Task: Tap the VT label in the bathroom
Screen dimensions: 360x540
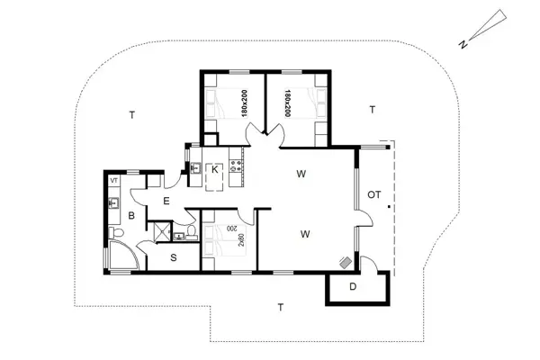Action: pos(114,181)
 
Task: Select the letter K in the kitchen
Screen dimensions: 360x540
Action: pos(215,169)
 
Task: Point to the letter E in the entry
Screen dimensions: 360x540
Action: pos(166,201)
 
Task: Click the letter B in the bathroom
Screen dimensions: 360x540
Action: pos(130,216)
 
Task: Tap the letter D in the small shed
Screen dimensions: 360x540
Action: pos(353,287)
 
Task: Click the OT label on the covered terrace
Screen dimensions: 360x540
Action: pos(374,194)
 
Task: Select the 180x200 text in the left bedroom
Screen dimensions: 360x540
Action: pos(244,103)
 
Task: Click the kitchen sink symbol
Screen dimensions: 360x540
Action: pos(194,166)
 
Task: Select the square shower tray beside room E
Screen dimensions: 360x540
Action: pos(160,231)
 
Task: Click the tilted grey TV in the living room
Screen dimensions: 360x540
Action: pos(346,261)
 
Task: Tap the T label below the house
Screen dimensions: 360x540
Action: pos(281,307)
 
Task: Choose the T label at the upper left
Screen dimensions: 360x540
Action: pos(131,115)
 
